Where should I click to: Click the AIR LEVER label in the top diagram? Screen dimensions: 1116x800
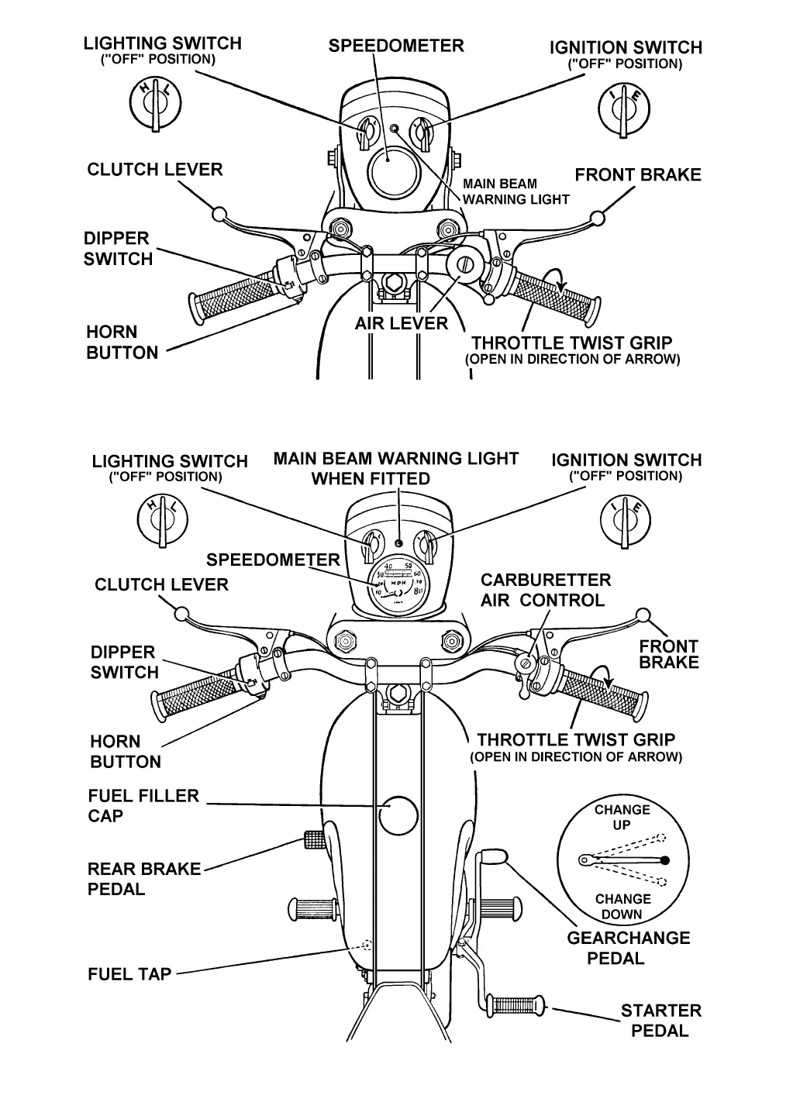pyautogui.click(x=401, y=323)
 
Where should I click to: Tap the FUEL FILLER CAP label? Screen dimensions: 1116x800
pyautogui.click(x=143, y=805)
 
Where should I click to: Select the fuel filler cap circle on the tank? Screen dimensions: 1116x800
pyautogui.click(x=398, y=815)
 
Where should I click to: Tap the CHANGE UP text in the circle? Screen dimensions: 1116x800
pyautogui.click(x=622, y=817)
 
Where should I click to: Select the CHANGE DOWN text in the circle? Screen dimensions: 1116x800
pyautogui.click(x=622, y=906)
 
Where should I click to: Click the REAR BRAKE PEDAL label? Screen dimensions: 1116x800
pyautogui.click(x=143, y=879)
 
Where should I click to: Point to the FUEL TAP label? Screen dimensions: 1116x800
pyautogui.click(x=129, y=973)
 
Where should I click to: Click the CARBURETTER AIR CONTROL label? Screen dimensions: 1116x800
pyautogui.click(x=545, y=590)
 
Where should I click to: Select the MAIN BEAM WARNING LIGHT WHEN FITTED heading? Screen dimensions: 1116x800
pyautogui.click(x=395, y=468)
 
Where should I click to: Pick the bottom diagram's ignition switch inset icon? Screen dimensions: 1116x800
pyautogui.click(x=626, y=521)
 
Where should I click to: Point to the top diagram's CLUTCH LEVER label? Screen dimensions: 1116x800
pyautogui.click(x=154, y=169)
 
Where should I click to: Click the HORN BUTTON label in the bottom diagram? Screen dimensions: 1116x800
pyautogui.click(x=126, y=751)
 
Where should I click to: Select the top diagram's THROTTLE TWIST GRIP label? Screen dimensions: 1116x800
pyautogui.click(x=572, y=343)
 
